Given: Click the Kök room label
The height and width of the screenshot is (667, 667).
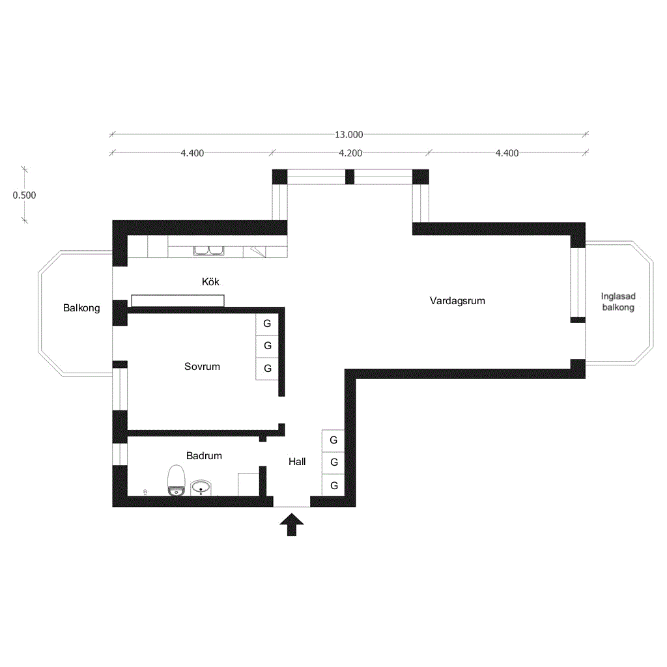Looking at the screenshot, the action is point(210,281).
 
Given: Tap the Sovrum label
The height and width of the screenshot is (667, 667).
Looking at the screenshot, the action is point(202,367).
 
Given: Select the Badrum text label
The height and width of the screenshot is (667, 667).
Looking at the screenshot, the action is point(204,455).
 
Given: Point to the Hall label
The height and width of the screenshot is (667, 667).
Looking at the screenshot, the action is point(297,462).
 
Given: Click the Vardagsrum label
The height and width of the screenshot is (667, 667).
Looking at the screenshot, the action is point(457,301).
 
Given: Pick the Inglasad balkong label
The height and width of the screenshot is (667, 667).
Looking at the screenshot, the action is point(618,302).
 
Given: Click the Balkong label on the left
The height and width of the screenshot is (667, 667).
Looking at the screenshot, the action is point(81,308).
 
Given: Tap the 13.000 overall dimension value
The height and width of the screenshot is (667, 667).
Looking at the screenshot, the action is point(349,135).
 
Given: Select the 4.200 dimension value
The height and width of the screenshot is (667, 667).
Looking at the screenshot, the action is point(350,153).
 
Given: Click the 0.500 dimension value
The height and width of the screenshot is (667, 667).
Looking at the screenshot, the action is point(24,195).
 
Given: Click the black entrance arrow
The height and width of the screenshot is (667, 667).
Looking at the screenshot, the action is point(292,524).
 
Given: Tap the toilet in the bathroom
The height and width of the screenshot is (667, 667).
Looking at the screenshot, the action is point(176,480).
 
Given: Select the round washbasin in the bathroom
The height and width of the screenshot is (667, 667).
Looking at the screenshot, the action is point(201,487).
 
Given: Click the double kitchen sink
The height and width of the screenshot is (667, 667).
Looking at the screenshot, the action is point(209,251).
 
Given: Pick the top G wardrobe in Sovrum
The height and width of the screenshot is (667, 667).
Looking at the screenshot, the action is point(267,324).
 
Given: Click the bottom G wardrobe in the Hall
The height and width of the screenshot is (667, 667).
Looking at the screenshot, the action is point(333,485).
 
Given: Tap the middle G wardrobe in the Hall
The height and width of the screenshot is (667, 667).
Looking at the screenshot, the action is point(333,462).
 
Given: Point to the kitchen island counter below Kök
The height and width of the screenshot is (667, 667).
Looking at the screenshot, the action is point(178,301).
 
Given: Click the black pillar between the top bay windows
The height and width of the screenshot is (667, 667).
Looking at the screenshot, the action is point(350,177).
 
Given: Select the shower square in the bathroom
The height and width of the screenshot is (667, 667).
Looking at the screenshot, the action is point(248,485).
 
